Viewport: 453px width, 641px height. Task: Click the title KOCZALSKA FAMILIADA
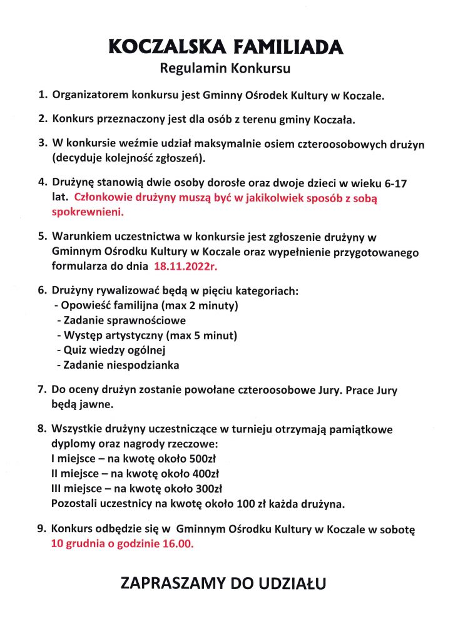tap(226, 46)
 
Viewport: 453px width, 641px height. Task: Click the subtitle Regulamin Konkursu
tap(226, 68)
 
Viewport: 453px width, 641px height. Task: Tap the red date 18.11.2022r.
tap(187, 266)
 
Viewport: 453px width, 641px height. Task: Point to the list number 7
tap(42, 391)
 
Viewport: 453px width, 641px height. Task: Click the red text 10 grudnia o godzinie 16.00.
tap(123, 544)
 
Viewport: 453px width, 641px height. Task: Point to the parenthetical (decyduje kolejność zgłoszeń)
tap(130, 158)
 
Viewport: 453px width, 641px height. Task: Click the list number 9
tap(42, 530)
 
